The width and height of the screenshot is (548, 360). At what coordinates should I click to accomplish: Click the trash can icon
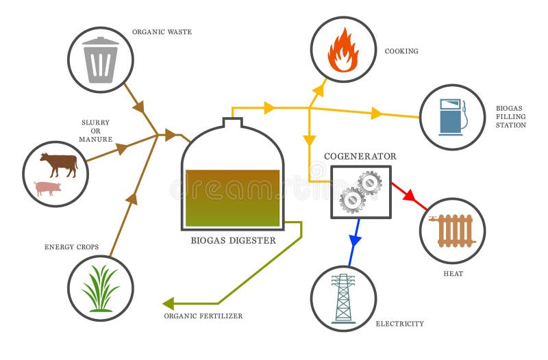tap(101, 60)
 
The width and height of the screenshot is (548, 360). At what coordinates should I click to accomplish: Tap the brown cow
tap(59, 164)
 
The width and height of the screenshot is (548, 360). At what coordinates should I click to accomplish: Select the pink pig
tap(48, 188)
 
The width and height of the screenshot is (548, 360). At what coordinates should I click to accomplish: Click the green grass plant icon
tap(101, 288)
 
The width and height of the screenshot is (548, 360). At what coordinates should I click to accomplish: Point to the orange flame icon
tap(343, 50)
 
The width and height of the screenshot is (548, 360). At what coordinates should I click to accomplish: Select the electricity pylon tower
tap(343, 298)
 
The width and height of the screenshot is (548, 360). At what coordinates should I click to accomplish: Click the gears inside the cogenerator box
tap(360, 192)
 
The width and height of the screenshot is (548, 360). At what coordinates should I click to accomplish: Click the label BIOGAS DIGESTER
tap(233, 240)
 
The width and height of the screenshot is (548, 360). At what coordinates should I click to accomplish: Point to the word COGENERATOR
tap(360, 156)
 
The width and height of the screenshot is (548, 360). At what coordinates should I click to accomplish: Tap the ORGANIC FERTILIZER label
tap(203, 316)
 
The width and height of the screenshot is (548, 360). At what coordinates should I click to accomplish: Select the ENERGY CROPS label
tap(72, 246)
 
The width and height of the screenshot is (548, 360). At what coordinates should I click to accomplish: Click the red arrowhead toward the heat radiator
tap(410, 196)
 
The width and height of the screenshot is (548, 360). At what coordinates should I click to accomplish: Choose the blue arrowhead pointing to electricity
tap(354, 240)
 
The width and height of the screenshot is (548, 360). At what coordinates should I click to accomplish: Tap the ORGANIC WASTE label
tap(162, 31)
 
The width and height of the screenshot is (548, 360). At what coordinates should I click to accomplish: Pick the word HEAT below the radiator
tap(453, 274)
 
